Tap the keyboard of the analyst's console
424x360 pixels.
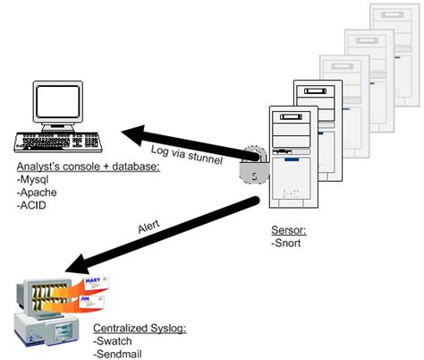(65, 146)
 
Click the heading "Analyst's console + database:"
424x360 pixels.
(88, 167)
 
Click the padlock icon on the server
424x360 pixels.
(254, 167)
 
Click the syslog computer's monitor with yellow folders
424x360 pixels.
(45, 300)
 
